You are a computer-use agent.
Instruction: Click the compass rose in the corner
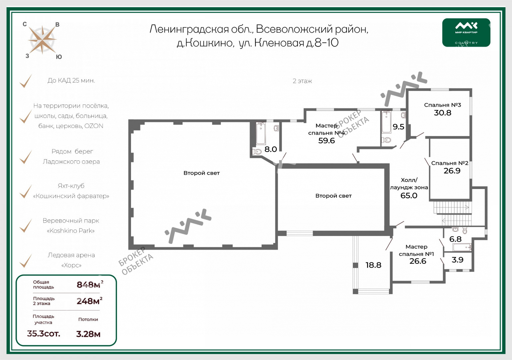pos(42,40)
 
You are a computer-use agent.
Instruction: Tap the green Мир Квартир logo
pos(466,32)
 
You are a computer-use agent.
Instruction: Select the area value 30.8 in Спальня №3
pos(442,113)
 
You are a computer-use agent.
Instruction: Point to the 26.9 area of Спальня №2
pos(452,171)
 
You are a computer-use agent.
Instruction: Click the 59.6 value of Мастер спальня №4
pos(326,141)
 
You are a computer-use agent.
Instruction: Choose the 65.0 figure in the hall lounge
pos(409,196)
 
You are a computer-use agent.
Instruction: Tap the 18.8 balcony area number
pos(373,265)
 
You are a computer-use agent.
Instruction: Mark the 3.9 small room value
pos(457,260)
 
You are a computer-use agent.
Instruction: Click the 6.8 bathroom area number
pos(455,239)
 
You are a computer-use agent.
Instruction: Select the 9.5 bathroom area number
pos(398,127)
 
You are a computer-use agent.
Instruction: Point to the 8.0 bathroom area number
pos(270,150)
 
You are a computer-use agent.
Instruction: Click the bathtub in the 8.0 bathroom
pos(261,133)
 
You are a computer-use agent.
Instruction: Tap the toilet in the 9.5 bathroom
pos(386,140)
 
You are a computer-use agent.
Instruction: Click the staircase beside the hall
pos(452,213)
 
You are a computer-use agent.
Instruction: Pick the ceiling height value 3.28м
pos(88,334)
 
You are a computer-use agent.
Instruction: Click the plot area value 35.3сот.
pos(43,334)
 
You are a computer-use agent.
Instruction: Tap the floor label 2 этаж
pos(302,81)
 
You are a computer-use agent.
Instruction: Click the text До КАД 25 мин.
pos(71,80)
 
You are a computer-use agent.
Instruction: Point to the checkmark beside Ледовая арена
pos(25,261)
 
